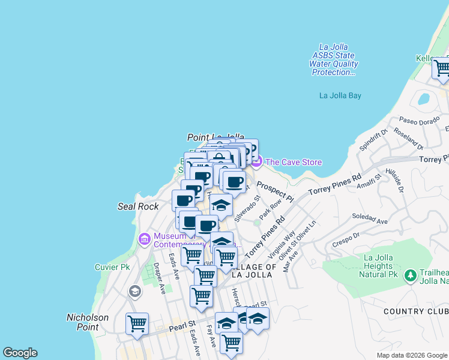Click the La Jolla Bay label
coord(340,95)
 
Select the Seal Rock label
coord(138,206)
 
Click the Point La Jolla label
coord(215,137)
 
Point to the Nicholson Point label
coord(88,322)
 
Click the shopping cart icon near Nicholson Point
coord(137,325)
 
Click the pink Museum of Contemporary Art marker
coord(144,239)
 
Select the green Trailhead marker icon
coord(410,275)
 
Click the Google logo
coord(20,353)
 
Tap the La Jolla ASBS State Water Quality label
coord(333,59)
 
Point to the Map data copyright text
coord(411,355)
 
